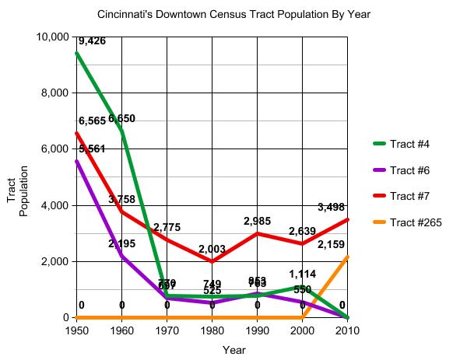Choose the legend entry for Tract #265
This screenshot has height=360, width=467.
click(415, 222)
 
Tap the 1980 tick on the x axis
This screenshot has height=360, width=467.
click(212, 330)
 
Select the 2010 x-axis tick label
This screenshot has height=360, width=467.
click(347, 330)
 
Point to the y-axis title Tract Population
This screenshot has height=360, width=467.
click(17, 196)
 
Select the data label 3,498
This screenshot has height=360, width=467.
click(332, 207)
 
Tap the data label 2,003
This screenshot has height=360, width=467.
click(212, 249)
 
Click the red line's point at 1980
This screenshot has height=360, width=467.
click(212, 261)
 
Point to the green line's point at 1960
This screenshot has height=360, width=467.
click(122, 131)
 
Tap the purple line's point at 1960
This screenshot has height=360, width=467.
click(122, 256)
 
